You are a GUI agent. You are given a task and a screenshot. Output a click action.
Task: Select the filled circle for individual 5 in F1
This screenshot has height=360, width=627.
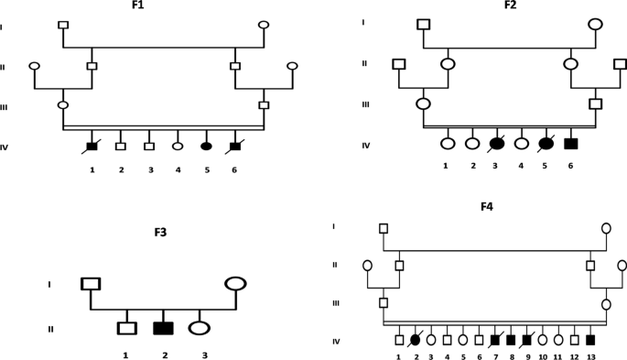(206, 146)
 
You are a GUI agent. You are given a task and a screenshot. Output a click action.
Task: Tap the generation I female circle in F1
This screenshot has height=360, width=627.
(264, 25)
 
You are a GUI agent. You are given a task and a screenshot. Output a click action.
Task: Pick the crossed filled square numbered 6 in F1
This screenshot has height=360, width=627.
(235, 146)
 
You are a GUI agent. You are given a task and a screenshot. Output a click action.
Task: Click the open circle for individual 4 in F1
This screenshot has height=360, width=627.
(178, 146)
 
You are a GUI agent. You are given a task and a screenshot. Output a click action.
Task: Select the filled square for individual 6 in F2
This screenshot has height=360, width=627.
(571, 143)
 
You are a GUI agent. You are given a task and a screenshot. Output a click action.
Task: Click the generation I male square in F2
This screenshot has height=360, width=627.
(423, 24)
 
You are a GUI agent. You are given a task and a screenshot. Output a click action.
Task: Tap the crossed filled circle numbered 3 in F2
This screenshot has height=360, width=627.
(497, 143)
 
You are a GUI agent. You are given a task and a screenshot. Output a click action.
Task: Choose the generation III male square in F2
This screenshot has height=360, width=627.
(596, 104)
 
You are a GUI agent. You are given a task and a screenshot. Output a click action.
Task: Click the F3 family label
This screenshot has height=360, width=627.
(161, 233)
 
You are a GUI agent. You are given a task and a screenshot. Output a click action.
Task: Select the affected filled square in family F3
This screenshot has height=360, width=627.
(163, 327)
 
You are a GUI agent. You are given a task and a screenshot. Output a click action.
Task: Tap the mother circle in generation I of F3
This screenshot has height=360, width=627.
(235, 283)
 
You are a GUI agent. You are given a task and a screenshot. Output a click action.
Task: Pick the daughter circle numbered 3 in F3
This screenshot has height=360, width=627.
(199, 327)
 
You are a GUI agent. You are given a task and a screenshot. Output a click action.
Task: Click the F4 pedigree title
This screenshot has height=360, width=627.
(487, 206)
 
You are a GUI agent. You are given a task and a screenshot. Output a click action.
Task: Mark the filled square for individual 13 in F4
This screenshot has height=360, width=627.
(590, 339)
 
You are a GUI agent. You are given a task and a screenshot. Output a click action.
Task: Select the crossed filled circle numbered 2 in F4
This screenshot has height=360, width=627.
(415, 339)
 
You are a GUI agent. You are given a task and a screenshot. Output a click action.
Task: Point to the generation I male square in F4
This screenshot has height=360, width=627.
(384, 228)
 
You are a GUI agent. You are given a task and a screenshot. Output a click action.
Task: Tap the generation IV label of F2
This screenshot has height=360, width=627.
(366, 145)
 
